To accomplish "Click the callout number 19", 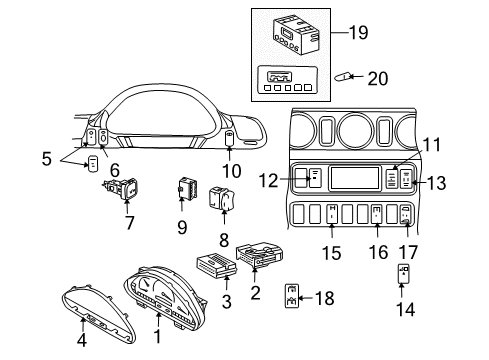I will pos(357,32).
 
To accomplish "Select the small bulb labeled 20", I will pos(341,77).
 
